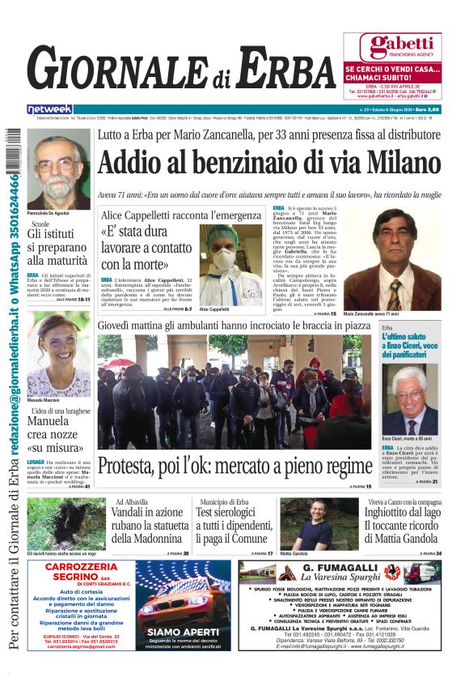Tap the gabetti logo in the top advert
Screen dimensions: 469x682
[x=391, y=46]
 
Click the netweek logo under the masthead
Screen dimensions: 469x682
[x=50, y=109]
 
